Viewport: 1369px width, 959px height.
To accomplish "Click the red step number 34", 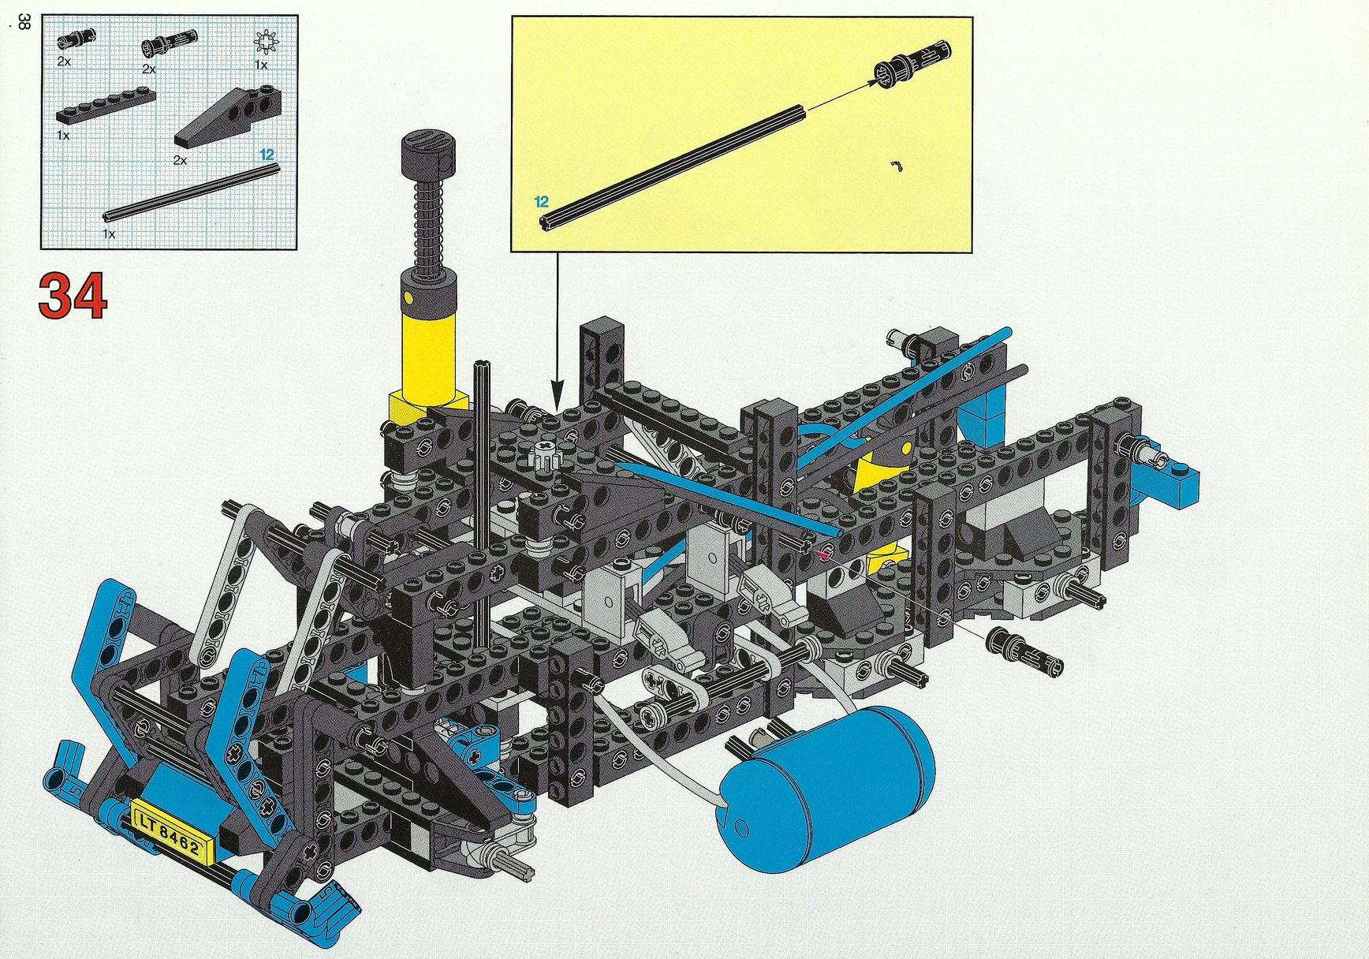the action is click(73, 296).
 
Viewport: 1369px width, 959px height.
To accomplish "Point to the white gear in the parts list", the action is click(267, 42).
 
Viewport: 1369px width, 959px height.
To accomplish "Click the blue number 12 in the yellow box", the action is click(541, 202).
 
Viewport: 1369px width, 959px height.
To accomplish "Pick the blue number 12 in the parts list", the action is click(267, 155).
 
